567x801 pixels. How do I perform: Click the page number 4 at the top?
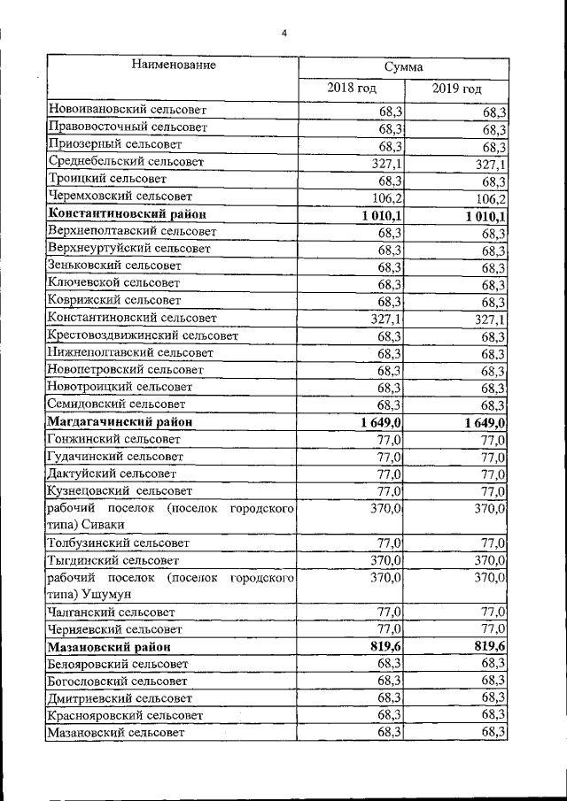284,34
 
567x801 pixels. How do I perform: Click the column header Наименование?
174,65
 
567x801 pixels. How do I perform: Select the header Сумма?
403,67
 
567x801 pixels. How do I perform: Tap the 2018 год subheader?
352,89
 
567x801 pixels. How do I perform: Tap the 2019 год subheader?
457,89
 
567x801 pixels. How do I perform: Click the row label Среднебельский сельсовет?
127,162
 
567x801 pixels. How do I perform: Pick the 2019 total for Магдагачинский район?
485,423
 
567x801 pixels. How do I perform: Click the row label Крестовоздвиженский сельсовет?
141,335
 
